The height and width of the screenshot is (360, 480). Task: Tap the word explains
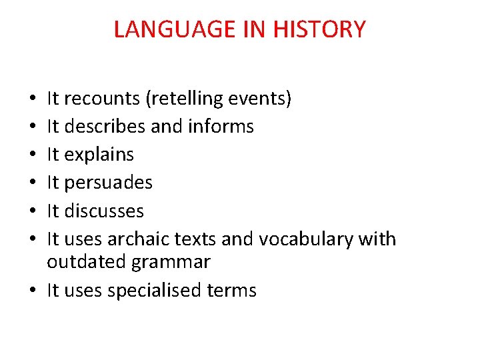(x=99, y=155)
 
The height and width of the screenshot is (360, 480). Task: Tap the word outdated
(x=87, y=262)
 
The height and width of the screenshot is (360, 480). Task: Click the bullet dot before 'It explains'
(x=34, y=155)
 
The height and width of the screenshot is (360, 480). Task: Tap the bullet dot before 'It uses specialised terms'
(x=34, y=291)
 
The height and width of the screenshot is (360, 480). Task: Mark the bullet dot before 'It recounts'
(x=34, y=99)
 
